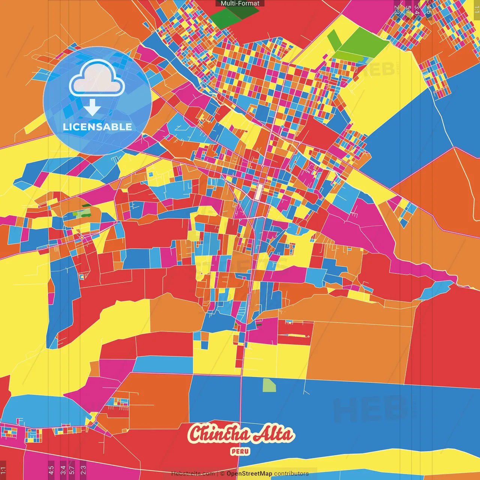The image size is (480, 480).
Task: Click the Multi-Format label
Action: [x=240, y=3]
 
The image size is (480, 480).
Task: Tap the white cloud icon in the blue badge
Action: [x=97, y=78]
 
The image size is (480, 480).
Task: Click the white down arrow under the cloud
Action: [x=92, y=108]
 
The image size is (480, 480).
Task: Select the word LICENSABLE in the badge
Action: [x=97, y=127]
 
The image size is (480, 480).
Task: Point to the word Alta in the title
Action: [x=273, y=434]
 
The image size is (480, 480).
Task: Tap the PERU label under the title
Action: [x=240, y=451]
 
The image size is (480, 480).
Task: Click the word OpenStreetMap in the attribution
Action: [x=249, y=474]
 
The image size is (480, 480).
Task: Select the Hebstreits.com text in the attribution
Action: [x=193, y=474]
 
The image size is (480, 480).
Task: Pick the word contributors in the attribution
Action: [x=291, y=474]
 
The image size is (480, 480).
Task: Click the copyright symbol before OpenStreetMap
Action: [x=222, y=474]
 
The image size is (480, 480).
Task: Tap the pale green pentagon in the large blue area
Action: [x=269, y=385]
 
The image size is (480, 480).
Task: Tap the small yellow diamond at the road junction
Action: [x=81, y=238]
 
